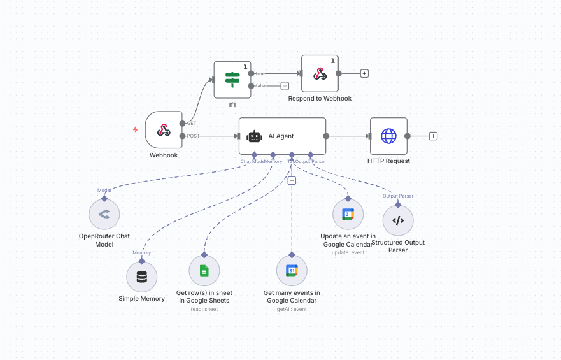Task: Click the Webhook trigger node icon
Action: tap(164, 130)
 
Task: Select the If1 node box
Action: tap(232, 80)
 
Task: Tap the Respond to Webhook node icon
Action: tap(320, 73)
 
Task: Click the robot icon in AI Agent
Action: tap(254, 136)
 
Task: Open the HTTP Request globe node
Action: tap(388, 136)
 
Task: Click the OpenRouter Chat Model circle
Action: tap(104, 215)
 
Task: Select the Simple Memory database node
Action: tap(141, 277)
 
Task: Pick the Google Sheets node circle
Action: tap(204, 271)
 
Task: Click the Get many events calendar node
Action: tap(292, 271)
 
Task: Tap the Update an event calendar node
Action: tap(348, 214)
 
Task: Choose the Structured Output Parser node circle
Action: tap(398, 220)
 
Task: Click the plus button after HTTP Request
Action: tap(433, 136)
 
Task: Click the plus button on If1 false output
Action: tap(285, 86)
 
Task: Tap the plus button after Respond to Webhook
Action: tap(364, 73)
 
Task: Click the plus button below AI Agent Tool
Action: tap(292, 180)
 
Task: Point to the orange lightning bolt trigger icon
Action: tap(135, 129)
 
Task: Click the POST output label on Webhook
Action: tap(192, 136)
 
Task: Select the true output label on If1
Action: tap(260, 73)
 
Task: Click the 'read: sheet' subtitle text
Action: tap(204, 309)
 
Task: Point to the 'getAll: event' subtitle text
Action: tap(292, 309)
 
